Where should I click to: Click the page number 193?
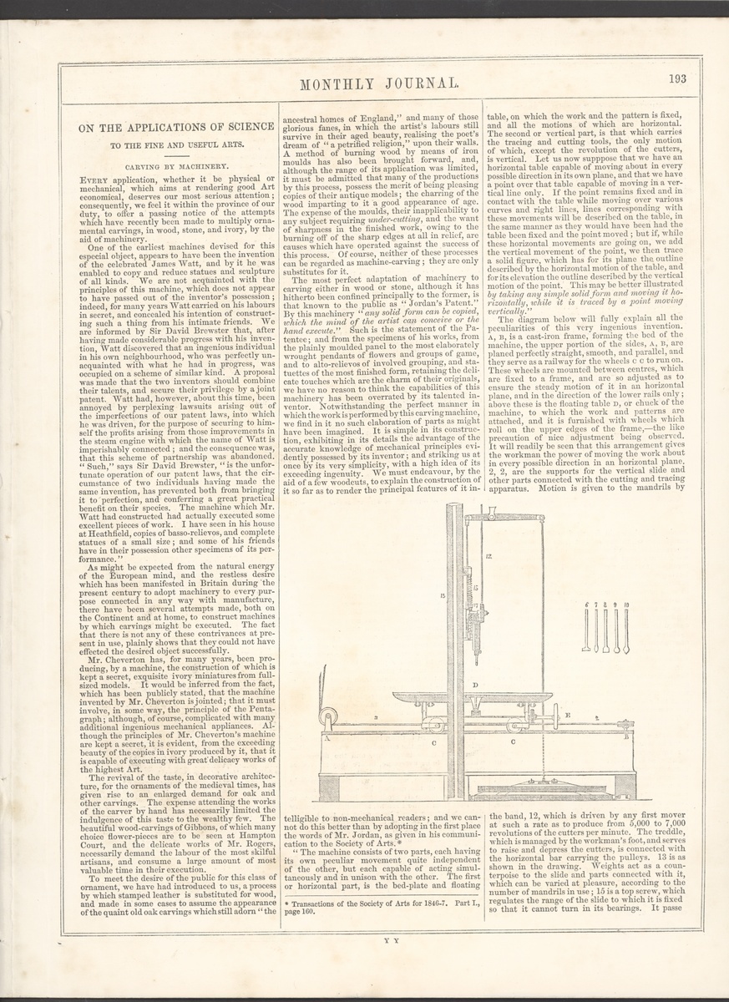click(676, 78)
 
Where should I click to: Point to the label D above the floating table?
click(474, 686)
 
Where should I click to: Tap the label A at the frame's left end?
click(329, 738)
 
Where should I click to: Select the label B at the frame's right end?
click(625, 737)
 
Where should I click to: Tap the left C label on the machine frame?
click(433, 741)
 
